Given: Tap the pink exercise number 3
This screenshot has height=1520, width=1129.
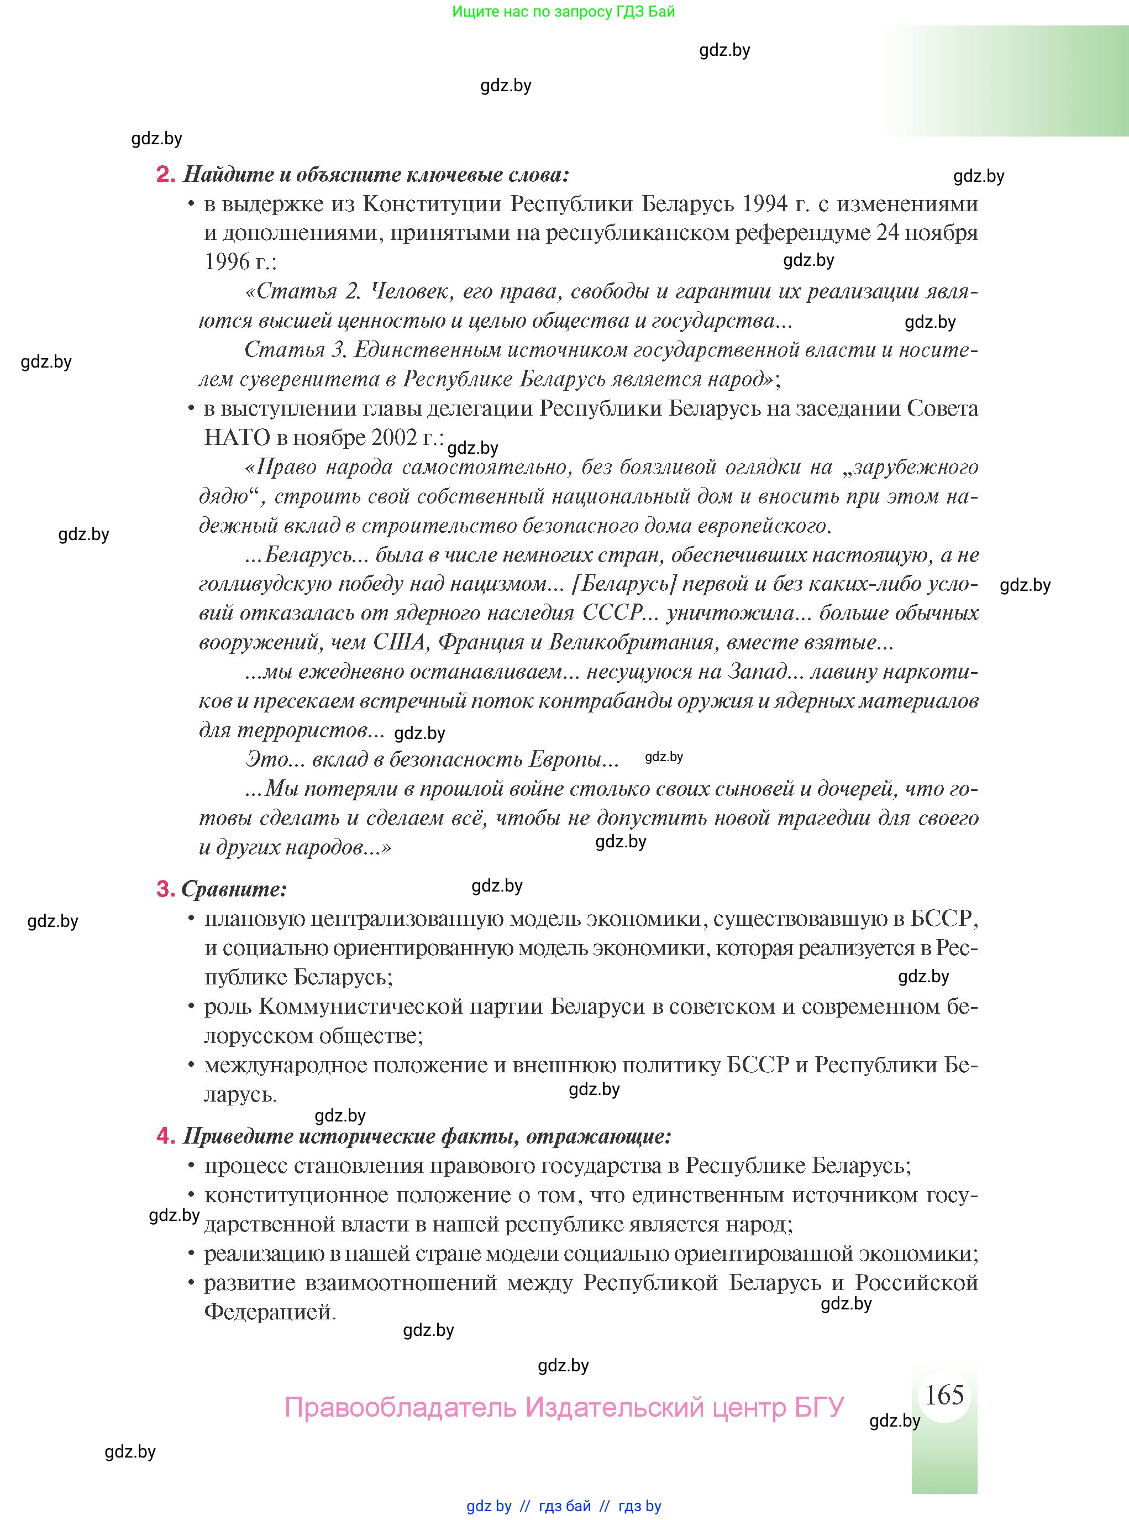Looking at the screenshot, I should [165, 888].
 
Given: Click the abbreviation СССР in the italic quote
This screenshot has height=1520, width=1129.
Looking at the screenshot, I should [613, 612].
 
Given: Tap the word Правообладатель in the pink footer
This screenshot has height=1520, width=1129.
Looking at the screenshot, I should [400, 1408].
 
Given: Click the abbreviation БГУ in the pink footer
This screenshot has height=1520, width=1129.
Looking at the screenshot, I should [819, 1408].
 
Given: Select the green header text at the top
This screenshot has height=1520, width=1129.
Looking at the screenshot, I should [563, 12].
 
